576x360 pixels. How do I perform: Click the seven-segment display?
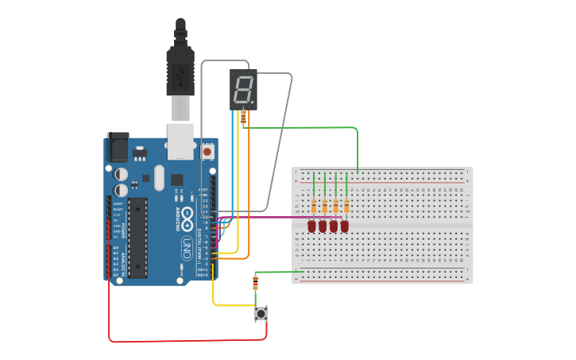[244, 89]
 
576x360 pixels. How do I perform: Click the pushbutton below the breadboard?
[261, 313]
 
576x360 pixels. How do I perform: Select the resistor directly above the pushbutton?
[255, 283]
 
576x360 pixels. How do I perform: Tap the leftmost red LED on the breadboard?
[312, 226]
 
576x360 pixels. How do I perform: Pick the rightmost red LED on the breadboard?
[345, 226]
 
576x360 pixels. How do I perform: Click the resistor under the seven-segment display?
[243, 118]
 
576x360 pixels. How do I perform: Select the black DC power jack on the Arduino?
[117, 148]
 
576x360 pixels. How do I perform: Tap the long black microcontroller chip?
[138, 238]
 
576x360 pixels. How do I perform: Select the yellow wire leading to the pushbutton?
[230, 305]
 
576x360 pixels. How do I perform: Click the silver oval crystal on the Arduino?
[159, 177]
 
